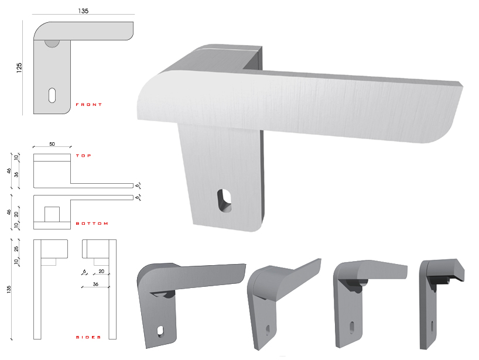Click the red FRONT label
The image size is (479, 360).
[88, 104]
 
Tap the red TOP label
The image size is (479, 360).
[83, 156]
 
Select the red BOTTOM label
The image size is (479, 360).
[92, 224]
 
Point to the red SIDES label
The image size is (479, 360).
[88, 337]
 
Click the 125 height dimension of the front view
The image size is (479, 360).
[19, 67]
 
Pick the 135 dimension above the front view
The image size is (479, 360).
[83, 11]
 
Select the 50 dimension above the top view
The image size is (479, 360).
[52, 144]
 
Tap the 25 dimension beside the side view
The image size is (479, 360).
[16, 249]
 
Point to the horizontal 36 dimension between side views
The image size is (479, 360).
[95, 284]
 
